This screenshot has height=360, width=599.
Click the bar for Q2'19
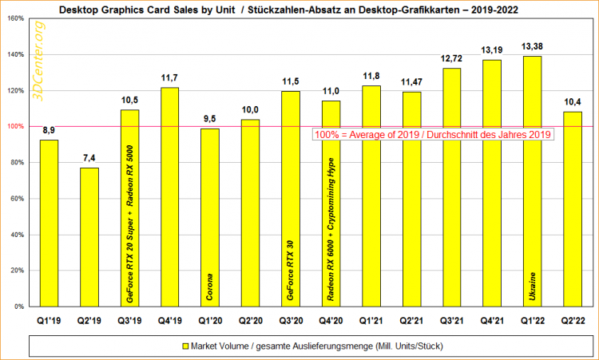tap(89, 236)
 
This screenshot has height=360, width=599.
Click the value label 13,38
tap(533, 45)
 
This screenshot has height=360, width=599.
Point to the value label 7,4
tap(89, 156)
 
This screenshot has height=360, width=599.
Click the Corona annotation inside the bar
tap(210, 284)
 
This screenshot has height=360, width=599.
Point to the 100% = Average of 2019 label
tap(434, 135)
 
